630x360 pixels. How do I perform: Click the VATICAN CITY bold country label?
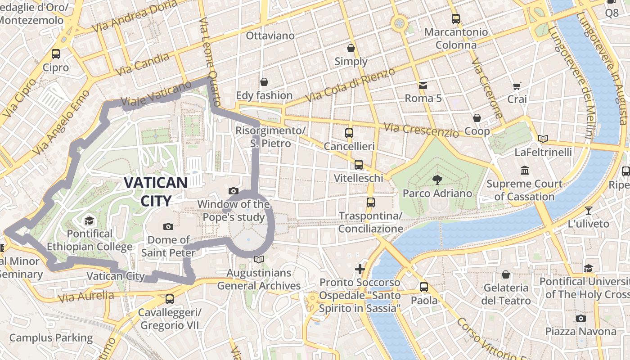[155, 191]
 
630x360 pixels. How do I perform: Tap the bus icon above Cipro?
[56, 54]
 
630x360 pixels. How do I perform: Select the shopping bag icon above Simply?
[351, 48]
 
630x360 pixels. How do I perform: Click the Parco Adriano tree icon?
[437, 180]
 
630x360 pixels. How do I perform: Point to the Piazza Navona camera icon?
[581, 318]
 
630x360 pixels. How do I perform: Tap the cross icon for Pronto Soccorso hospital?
[360, 269]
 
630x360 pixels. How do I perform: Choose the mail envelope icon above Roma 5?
[423, 85]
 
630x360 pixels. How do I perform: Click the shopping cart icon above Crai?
[517, 86]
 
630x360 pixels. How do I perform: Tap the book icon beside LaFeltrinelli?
[543, 139]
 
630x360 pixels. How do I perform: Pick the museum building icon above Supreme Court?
[524, 171]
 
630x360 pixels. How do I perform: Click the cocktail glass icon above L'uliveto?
[588, 210]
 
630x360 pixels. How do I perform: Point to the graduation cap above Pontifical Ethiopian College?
[89, 220]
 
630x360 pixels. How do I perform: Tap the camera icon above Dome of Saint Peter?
[168, 226]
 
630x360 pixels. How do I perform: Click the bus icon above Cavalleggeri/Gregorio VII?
[170, 299]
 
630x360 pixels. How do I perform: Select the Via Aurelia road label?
[86, 296]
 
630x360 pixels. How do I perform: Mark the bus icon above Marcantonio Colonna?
[456, 19]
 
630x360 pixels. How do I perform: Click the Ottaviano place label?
[270, 36]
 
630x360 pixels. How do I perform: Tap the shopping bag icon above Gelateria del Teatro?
[506, 274]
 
